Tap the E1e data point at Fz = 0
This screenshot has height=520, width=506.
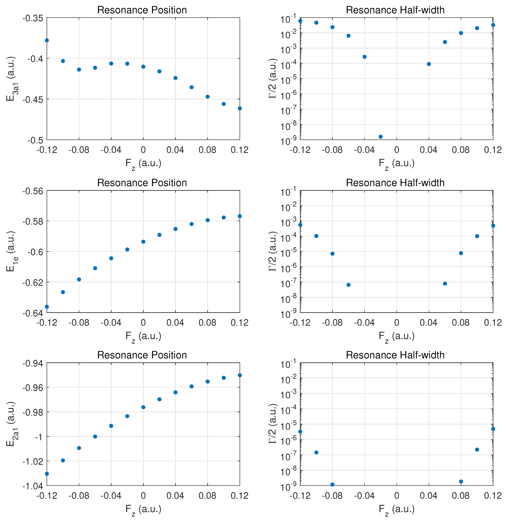143,242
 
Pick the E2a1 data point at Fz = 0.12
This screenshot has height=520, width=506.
240,375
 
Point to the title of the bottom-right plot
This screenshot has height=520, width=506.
395,355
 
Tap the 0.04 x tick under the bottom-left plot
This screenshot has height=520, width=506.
175,496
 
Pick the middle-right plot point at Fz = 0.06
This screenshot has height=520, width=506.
445,284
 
